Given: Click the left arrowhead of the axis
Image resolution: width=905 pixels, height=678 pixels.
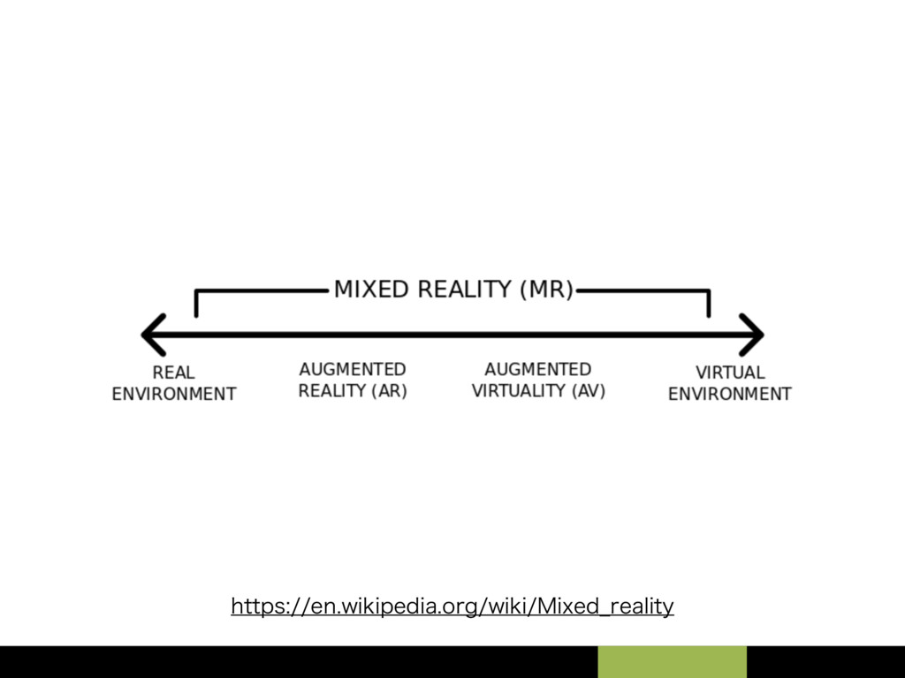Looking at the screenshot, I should [x=152, y=335].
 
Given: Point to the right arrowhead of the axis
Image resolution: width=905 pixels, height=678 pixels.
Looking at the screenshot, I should [x=753, y=335].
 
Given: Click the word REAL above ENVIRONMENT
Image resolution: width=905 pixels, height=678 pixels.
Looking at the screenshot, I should [x=173, y=373].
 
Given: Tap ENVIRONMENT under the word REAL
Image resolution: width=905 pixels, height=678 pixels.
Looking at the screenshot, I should [x=173, y=394].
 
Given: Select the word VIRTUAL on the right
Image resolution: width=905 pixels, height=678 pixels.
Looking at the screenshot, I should [x=730, y=373].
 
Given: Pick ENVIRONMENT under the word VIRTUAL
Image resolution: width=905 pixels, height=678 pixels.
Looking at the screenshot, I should [x=730, y=394].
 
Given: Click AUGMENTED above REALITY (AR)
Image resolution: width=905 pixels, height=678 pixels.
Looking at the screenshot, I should [x=353, y=369].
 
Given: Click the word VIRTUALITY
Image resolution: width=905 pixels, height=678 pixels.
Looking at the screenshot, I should [x=521, y=391].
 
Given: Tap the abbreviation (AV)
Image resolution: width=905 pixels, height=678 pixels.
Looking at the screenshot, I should [x=588, y=391].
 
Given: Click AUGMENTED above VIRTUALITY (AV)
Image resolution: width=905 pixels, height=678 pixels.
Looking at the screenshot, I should [x=538, y=369].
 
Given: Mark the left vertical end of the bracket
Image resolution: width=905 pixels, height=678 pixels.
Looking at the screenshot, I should [x=196, y=304].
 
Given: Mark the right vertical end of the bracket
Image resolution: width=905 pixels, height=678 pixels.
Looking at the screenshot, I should [x=708, y=304].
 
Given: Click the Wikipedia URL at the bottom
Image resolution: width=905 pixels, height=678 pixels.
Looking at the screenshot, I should [x=452, y=606].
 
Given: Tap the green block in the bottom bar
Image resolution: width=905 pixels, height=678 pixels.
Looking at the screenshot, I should [x=672, y=662].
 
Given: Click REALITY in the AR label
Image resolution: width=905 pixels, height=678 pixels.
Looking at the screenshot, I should [x=332, y=391].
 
